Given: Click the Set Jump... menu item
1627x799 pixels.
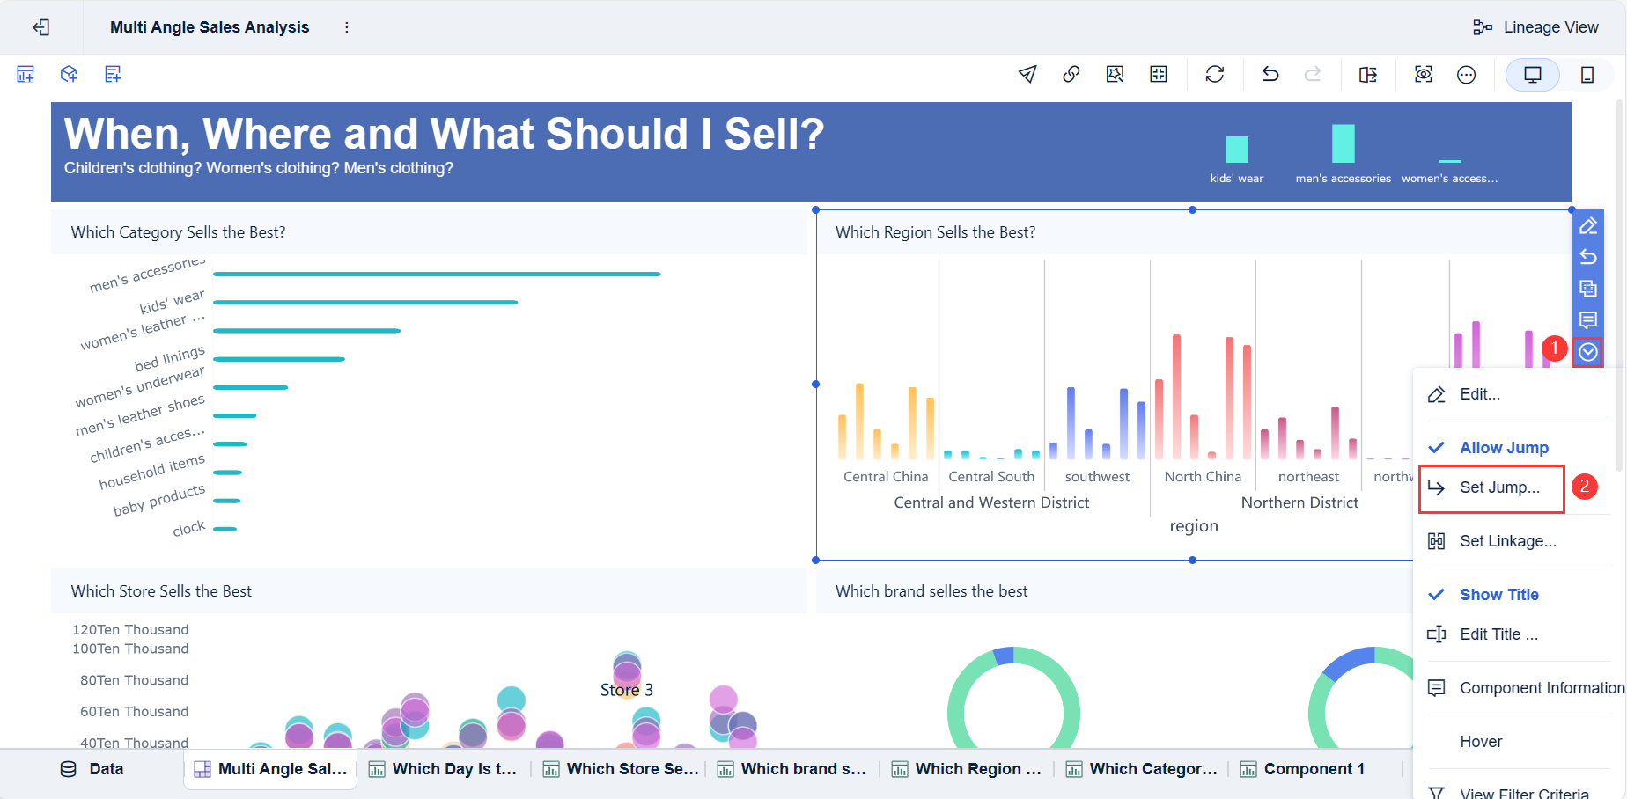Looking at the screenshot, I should pyautogui.click(x=1498, y=487).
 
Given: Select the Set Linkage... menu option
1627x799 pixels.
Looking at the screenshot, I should pyautogui.click(x=1506, y=541).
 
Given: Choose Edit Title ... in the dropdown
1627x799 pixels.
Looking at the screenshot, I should pyautogui.click(x=1498, y=634).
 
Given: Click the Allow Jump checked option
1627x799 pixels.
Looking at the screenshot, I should pyautogui.click(x=1503, y=448).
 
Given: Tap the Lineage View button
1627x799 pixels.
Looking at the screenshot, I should pyautogui.click(x=1535, y=27).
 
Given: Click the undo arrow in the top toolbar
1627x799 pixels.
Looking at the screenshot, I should pyautogui.click(x=1270, y=75).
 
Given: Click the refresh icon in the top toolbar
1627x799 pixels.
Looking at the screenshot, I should pyautogui.click(x=1215, y=75).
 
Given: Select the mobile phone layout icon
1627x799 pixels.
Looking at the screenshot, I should pyautogui.click(x=1587, y=75).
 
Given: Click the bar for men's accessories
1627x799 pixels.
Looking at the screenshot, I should pyautogui.click(x=436, y=274).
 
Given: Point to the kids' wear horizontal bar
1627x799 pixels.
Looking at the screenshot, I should pyautogui.click(x=364, y=303).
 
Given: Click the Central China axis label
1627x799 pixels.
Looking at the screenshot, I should pyautogui.click(x=885, y=476).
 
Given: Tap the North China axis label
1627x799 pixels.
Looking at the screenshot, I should pyautogui.click(x=1202, y=476).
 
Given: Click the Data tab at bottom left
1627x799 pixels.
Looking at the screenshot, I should pyautogui.click(x=92, y=769).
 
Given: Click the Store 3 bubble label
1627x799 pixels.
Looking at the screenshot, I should pyautogui.click(x=626, y=690).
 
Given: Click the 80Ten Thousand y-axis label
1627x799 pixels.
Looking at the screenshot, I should pyautogui.click(x=134, y=680).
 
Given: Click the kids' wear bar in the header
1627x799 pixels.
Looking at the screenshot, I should pyautogui.click(x=1236, y=149).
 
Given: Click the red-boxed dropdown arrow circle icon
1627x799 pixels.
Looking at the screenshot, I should pyautogui.click(x=1587, y=352).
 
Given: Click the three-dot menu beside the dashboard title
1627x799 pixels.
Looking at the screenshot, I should pyautogui.click(x=347, y=27).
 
